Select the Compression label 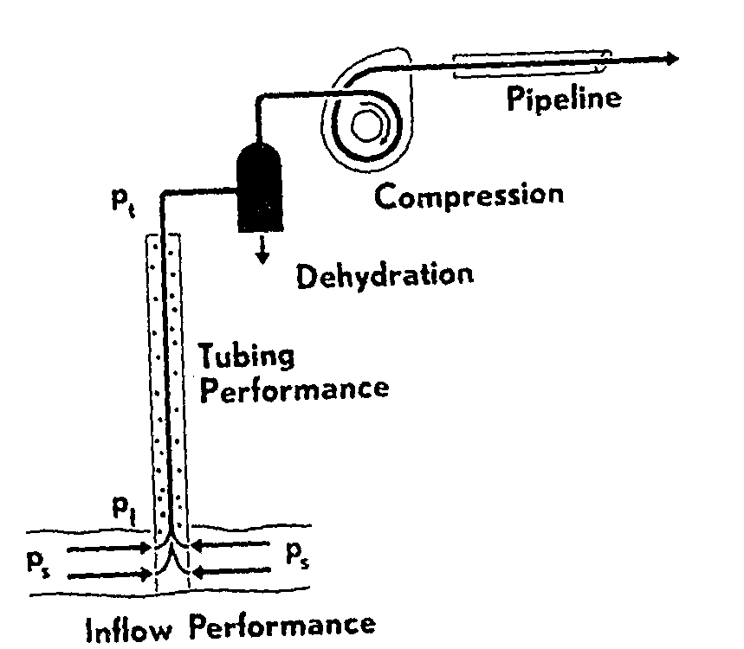pos(469,196)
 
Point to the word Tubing pos(247,357)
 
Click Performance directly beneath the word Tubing pos(294,388)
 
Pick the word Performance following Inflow pos(283,626)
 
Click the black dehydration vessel pos(261,186)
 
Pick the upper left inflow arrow pos(108,549)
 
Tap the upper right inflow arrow pos(228,546)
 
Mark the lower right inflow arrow pos(228,571)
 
